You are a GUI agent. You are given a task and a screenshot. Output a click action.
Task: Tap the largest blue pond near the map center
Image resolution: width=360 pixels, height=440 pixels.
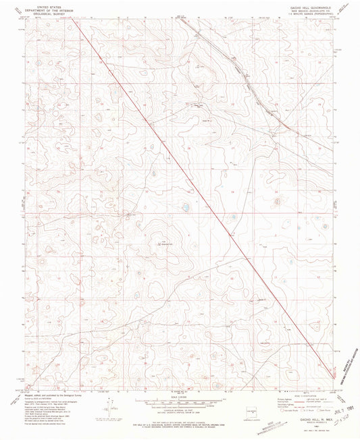pyautogui.click(x=183, y=208)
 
